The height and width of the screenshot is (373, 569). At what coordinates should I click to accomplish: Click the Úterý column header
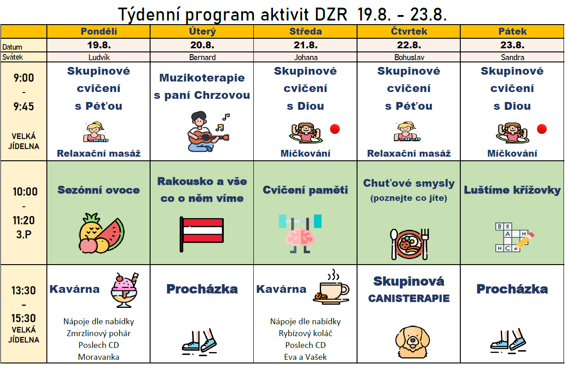pos(202,31)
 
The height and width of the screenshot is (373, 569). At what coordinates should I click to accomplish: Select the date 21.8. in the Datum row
pos(306,45)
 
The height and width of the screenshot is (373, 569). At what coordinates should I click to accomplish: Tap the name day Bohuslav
pos(409,57)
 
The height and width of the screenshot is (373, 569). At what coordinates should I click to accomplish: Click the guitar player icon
pos(208,131)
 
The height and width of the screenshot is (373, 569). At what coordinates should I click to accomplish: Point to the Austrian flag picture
pos(201,234)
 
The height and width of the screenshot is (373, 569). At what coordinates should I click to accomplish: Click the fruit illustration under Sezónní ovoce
pos(101,233)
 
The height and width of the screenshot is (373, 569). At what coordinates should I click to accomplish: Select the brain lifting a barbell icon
pos(300,234)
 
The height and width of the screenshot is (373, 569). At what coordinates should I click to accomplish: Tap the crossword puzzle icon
pos(514,237)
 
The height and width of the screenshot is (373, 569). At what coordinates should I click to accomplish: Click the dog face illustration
pos(412,342)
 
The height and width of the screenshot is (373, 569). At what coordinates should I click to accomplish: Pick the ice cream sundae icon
pos(125,290)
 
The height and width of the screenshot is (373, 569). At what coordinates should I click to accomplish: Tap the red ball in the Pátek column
pos(542,129)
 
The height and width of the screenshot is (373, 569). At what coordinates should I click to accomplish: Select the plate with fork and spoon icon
pos(409,244)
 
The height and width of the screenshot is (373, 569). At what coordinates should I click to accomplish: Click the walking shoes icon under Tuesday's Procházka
pos(199,342)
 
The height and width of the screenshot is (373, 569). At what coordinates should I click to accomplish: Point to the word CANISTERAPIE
pos(409,298)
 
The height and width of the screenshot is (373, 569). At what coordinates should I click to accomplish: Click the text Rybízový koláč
pos(305,333)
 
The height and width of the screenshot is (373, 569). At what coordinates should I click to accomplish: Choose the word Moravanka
pos(99,357)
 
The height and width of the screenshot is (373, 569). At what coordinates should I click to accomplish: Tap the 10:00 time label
pos(25,192)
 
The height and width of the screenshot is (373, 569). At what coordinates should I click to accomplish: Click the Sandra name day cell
pos(512,57)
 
